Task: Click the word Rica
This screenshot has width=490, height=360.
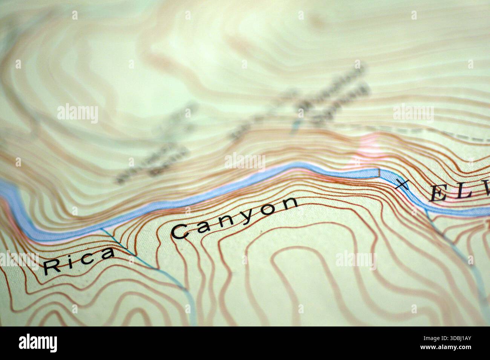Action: (x=78, y=260)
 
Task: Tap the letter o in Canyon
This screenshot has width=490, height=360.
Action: (x=269, y=209)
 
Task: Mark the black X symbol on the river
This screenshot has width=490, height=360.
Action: (x=401, y=184)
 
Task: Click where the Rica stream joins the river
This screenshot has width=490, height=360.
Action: (x=102, y=229)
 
